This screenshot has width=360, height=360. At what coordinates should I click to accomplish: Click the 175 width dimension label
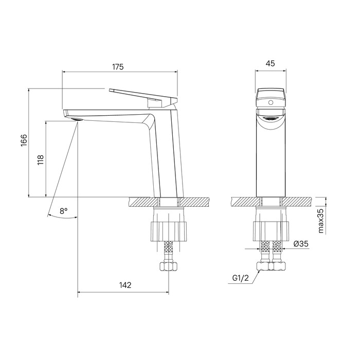click(x=118, y=67)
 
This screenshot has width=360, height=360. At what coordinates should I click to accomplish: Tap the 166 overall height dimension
click(x=24, y=140)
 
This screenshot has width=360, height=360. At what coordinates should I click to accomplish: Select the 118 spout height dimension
click(x=41, y=160)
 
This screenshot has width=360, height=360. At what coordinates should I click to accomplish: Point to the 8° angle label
click(x=64, y=211)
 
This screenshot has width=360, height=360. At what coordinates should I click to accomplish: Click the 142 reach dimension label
click(x=125, y=285)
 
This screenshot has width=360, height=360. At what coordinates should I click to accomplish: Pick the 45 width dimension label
click(x=270, y=63)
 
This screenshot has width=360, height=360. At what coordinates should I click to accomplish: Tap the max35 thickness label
click(x=321, y=221)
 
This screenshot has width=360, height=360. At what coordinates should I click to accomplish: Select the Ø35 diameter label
click(x=301, y=244)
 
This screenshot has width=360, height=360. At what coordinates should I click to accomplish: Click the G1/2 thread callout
click(x=240, y=278)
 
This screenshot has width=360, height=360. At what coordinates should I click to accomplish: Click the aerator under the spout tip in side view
click(x=77, y=119)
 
